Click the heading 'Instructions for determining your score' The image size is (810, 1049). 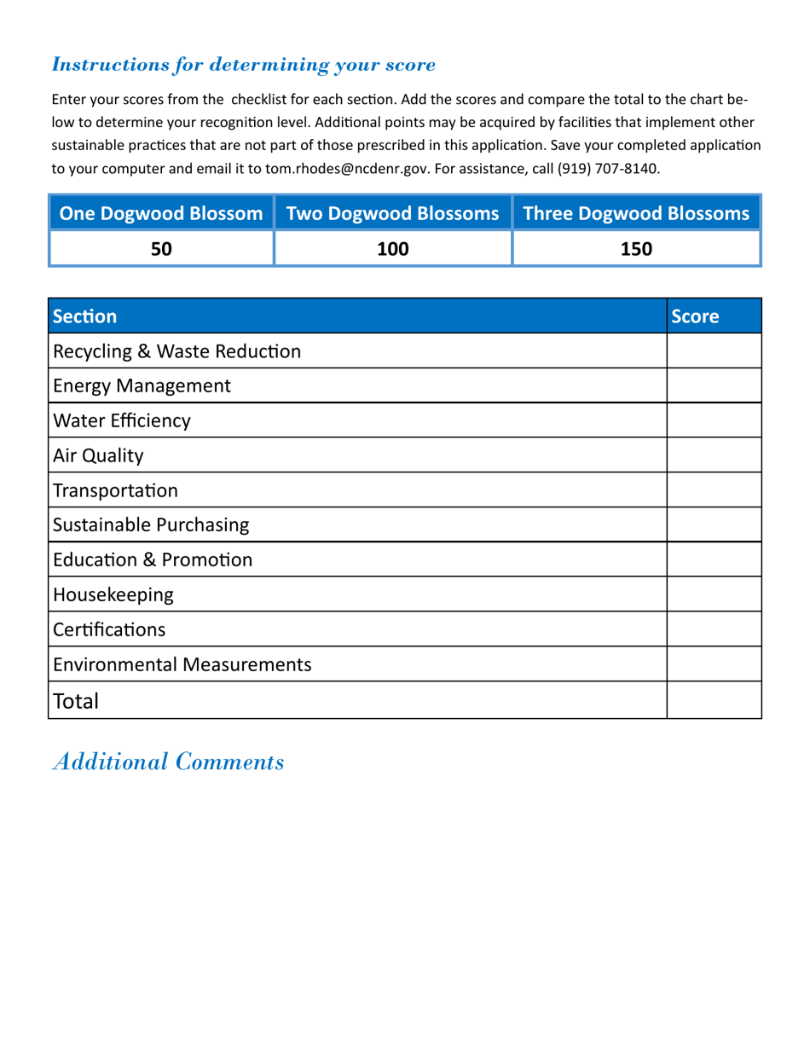point(244,65)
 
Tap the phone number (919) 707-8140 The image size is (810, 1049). point(609,169)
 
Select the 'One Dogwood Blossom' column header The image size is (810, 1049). point(161,213)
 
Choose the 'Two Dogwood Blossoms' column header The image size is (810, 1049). point(392,213)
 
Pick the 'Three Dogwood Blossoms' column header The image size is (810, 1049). point(636,213)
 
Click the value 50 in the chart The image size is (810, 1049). point(161,249)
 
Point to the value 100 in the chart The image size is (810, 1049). point(392,249)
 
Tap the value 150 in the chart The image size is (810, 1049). point(636,249)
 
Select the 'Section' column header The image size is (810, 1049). point(84,316)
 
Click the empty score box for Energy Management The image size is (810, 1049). point(713,385)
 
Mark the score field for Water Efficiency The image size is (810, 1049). point(713,420)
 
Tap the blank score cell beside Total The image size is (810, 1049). point(713,700)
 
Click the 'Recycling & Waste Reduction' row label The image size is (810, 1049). point(176,351)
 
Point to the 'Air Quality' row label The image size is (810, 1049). point(98,456)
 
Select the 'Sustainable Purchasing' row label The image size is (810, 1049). point(151,525)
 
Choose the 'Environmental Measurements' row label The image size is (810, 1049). point(182,664)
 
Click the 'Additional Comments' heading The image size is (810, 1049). point(168,762)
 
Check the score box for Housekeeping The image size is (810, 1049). point(713,594)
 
